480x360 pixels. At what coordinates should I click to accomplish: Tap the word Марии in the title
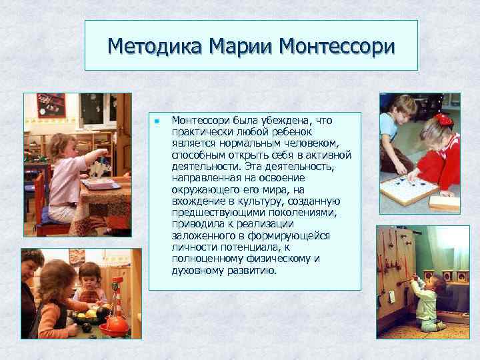(241, 46)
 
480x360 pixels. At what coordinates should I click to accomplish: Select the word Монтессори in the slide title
(338, 46)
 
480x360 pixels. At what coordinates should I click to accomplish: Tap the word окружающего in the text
(203, 189)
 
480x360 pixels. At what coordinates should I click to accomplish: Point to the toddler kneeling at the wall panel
(426, 303)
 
